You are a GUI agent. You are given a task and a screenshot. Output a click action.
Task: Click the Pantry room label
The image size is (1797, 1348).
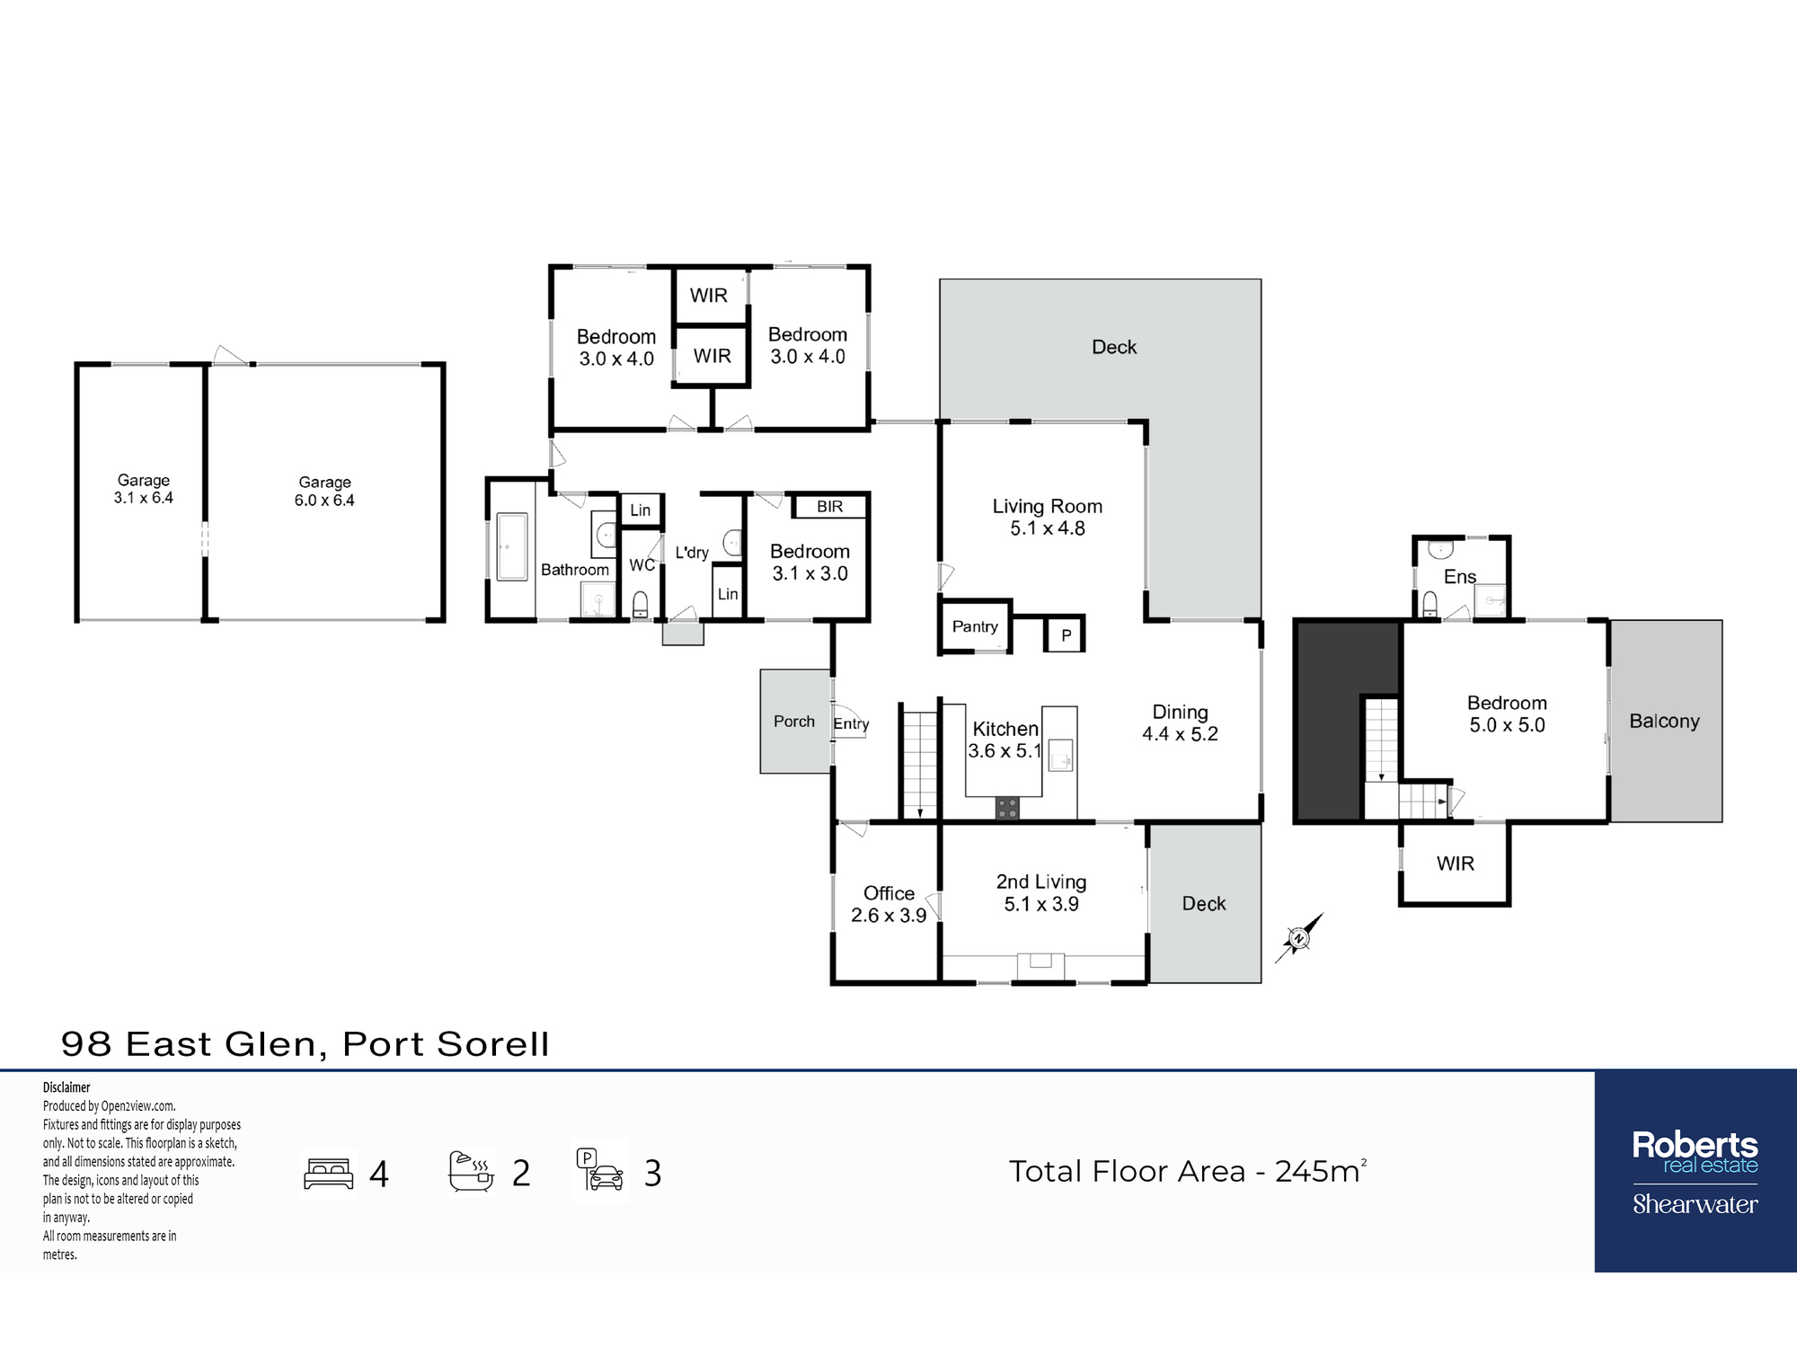click(975, 626)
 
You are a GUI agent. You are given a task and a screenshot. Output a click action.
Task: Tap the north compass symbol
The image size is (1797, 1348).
click(1299, 938)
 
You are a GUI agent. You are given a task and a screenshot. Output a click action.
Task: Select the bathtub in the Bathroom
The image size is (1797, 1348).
click(512, 546)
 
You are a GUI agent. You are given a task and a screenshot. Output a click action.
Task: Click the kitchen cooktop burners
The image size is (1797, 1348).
click(1007, 808)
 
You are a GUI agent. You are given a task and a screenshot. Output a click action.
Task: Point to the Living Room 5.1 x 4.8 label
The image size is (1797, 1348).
click(1048, 518)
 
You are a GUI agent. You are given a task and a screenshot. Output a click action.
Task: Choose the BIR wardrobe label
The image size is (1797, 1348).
click(830, 507)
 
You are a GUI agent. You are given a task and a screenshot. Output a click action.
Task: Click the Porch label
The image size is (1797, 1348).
click(794, 721)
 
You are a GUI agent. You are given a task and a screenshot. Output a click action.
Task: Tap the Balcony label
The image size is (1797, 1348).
click(1665, 721)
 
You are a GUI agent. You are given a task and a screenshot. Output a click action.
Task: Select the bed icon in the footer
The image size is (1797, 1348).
click(329, 1174)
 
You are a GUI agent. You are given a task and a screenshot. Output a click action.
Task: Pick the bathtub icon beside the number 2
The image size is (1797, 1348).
click(472, 1172)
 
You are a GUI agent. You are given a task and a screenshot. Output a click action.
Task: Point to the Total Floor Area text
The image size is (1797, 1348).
click(1187, 1171)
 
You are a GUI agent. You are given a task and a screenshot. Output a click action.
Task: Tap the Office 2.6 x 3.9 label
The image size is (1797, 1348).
click(889, 904)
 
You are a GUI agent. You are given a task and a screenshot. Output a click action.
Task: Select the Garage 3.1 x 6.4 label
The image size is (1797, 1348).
click(144, 489)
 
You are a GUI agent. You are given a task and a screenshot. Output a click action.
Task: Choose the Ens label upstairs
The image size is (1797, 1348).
click(1460, 577)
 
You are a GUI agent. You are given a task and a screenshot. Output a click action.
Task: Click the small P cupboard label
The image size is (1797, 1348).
click(1067, 635)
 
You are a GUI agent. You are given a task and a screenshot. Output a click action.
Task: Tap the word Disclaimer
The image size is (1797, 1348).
click(66, 1087)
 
